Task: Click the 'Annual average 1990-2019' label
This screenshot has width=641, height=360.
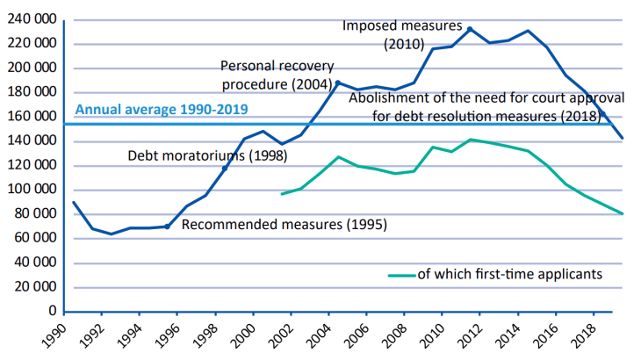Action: (162, 110)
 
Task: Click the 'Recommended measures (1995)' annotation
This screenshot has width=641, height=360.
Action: (284, 224)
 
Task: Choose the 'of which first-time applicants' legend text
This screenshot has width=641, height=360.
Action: (509, 274)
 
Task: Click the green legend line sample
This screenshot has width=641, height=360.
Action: (401, 275)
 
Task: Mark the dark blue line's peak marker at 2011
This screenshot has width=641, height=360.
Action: (470, 29)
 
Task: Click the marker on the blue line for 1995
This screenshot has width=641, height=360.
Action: (167, 227)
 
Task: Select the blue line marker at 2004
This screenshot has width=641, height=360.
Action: (337, 83)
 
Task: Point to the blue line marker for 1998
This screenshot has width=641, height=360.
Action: (224, 168)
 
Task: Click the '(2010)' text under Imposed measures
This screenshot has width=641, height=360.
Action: (404, 43)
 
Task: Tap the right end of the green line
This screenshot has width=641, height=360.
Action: (623, 213)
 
